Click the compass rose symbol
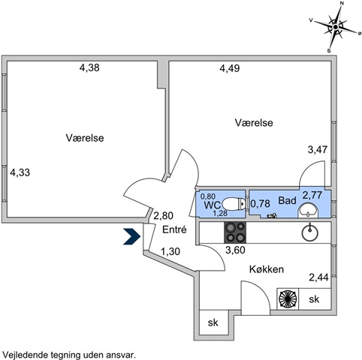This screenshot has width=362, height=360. coord(335,27)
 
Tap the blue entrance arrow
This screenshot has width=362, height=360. coord(131,236)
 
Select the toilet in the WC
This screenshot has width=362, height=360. coord(234,203)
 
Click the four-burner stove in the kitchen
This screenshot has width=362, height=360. coord(235,232)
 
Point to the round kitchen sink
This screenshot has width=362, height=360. coord(310,232)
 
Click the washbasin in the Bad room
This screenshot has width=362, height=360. coord(308,209)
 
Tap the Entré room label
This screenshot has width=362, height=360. coord(174,229)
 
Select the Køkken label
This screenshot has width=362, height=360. coord(267,269)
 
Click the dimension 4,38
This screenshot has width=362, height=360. coord(89,67)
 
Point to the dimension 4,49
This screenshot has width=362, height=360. coord(230,68)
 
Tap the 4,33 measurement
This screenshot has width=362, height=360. coord(20,172)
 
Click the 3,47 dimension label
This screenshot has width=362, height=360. coord(318,149)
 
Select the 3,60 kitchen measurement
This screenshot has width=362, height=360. coord(235,250)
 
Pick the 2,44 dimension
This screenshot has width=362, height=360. coord(318,277)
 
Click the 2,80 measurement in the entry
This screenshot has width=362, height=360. coord(163,215)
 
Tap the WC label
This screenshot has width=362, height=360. coord(213,205)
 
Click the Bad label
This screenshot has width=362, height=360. coord(288,200)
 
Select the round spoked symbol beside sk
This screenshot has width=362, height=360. coord(288,299)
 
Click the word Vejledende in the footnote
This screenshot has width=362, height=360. coord(26,355)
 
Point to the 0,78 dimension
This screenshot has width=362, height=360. coord(260,204)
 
